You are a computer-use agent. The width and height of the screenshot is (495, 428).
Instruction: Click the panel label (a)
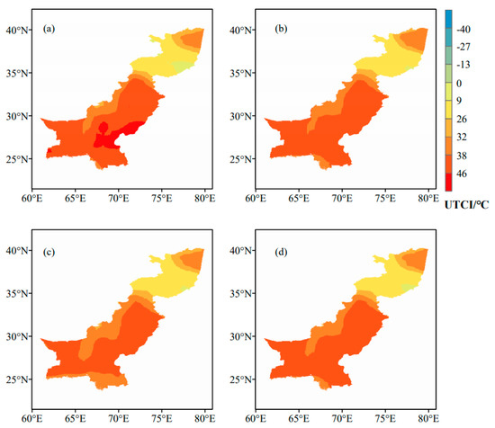pos(49,29)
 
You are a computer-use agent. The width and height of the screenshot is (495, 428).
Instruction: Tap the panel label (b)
pos(281,29)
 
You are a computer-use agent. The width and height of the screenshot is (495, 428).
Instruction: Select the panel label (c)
pos(49,253)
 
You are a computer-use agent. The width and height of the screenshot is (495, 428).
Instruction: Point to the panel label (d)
pos(281,253)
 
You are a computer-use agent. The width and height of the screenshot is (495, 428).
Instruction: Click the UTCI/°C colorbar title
pos(466,205)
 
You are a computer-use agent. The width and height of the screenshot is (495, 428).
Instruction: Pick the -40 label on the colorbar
pos(463,30)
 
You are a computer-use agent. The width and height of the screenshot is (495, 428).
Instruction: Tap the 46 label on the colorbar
pos(462,174)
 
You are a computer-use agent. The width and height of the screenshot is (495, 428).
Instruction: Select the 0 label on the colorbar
pos(459,84)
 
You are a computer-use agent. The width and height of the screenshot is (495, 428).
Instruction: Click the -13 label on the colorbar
pos(463,65)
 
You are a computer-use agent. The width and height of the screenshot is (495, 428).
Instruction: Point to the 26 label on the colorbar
pos(462,120)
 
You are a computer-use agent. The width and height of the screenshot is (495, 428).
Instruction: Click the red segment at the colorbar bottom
pos(448,182)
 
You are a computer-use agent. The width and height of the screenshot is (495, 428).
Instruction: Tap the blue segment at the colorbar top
pos(448,19)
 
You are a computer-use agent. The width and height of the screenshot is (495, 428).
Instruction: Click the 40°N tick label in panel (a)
pos(18,30)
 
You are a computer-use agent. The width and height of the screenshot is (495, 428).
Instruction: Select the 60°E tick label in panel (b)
pos(256,199)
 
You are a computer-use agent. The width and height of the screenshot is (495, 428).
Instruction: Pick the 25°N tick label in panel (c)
pos(18,379)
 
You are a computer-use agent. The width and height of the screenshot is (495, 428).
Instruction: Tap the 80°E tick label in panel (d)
pos(428,418)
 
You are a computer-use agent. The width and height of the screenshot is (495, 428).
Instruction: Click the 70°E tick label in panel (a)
pos(119,199)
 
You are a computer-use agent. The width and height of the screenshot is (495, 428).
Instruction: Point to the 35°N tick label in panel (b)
pos(242,73)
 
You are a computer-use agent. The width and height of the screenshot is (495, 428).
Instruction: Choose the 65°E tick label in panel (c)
pos(75,418)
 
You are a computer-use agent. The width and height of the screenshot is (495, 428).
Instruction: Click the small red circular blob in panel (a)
pos(103,128)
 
